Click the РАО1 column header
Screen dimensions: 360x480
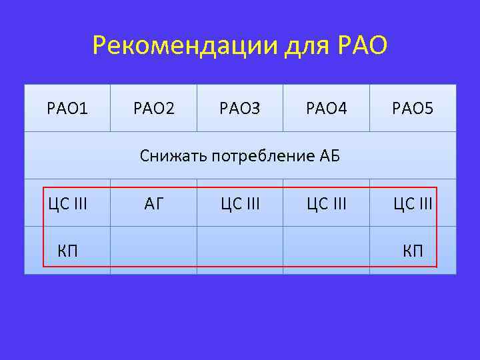(x=67, y=107)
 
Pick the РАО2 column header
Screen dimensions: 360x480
(x=153, y=107)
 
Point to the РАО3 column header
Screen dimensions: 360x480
(x=240, y=107)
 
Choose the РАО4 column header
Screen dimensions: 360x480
(x=327, y=107)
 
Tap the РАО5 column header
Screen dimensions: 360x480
(x=413, y=107)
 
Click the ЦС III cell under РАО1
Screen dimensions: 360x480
(x=67, y=203)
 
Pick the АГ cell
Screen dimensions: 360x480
(x=153, y=203)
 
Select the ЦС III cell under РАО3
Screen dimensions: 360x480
(x=240, y=203)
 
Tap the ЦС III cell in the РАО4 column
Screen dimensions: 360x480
(x=327, y=203)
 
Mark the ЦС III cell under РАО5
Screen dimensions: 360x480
(x=413, y=203)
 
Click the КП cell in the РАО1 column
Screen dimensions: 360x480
(x=67, y=251)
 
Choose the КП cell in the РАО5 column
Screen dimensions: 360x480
(x=413, y=251)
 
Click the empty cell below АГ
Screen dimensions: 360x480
(x=153, y=250)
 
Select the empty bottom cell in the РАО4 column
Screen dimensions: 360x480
(x=327, y=250)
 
